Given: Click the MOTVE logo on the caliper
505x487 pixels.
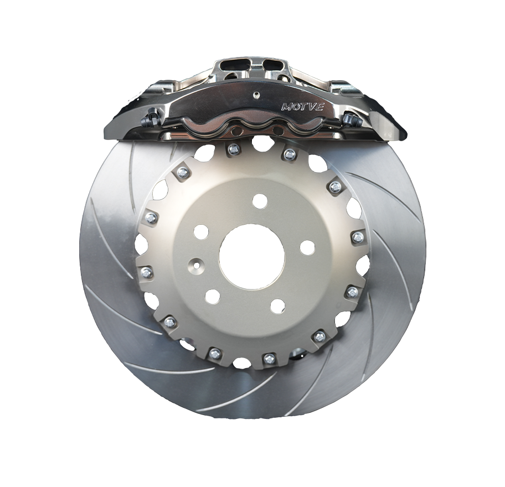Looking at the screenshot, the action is [x=302, y=107].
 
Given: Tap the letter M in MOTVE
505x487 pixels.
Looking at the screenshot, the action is [x=286, y=107].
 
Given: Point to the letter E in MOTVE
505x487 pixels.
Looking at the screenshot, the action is [x=320, y=108].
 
